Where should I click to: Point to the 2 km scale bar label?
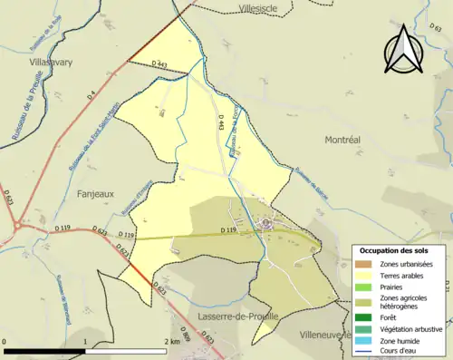coord(172,341)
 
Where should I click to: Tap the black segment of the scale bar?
coord(44,350)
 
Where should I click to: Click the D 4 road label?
coord(92,95)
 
